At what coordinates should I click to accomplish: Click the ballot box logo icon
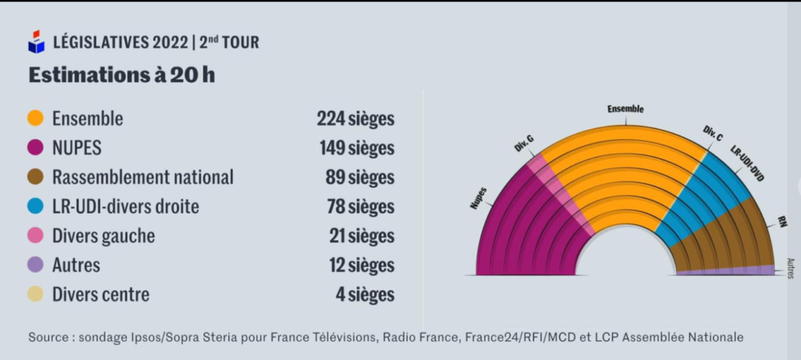click(x=37, y=41)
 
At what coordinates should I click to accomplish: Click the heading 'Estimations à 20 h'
click(x=121, y=76)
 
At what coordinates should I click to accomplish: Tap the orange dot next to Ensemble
click(x=36, y=119)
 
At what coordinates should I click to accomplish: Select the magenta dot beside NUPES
click(x=36, y=148)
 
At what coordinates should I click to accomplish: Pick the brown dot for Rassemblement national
click(x=36, y=178)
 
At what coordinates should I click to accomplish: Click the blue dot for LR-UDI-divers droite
click(x=36, y=207)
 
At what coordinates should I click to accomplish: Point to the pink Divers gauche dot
click(x=36, y=236)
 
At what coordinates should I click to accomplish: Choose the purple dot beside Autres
click(x=36, y=265)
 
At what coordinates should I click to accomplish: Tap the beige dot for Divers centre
click(x=36, y=295)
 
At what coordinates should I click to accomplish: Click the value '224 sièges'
click(x=355, y=119)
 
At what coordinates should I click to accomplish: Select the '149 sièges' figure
click(x=356, y=148)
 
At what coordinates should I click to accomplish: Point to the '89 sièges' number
click(x=359, y=178)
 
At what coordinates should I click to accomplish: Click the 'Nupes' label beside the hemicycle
click(x=478, y=199)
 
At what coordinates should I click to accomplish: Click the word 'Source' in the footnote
click(x=48, y=337)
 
